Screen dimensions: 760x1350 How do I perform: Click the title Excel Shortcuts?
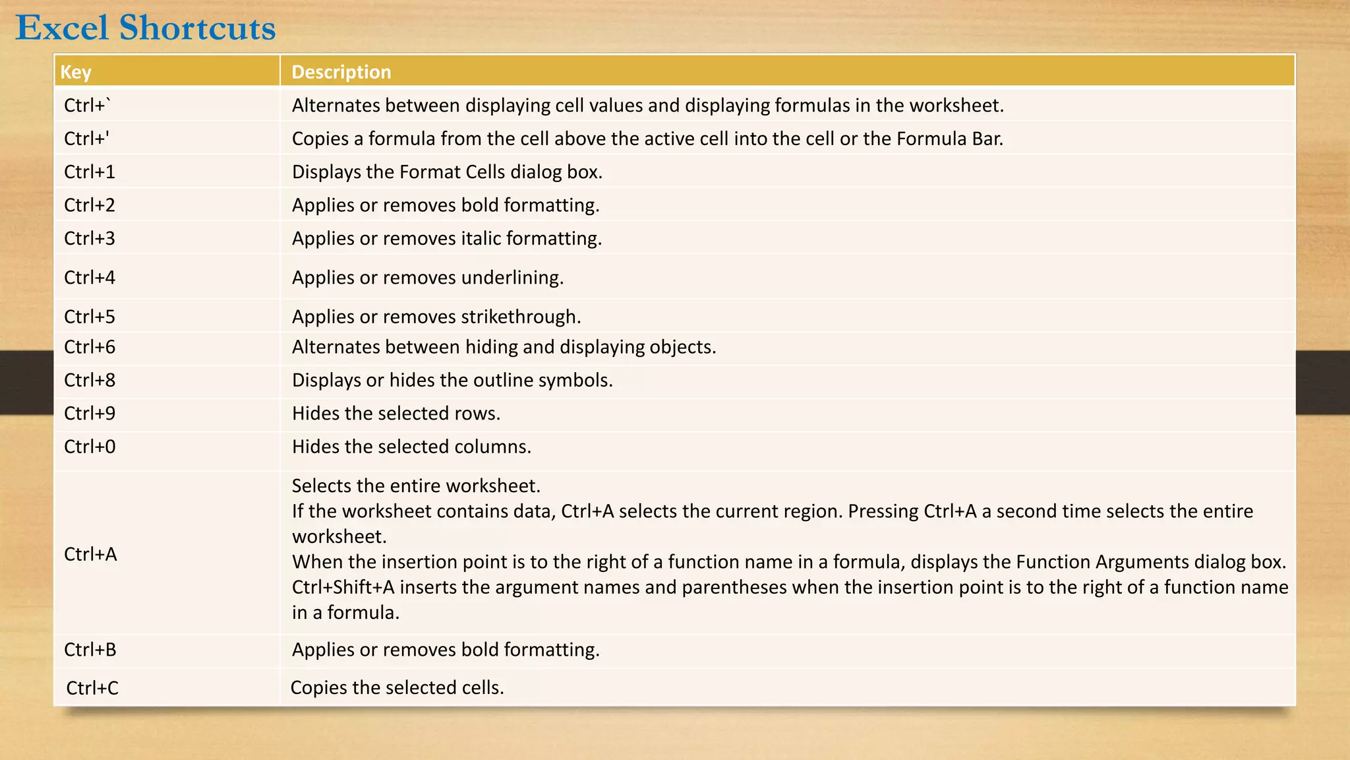(146, 28)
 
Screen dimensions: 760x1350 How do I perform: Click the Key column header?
(76, 72)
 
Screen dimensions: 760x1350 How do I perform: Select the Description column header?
(341, 72)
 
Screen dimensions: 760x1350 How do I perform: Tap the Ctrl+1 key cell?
(90, 172)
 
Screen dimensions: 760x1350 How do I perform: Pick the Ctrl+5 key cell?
(90, 317)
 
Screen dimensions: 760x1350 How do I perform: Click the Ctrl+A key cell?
(90, 554)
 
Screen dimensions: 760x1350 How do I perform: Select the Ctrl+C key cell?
(92, 688)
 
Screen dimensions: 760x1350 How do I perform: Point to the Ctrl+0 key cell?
(90, 447)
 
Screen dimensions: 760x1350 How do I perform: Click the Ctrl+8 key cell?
(90, 380)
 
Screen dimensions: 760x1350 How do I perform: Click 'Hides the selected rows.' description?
(396, 414)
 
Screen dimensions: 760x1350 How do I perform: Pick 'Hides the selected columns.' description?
(411, 447)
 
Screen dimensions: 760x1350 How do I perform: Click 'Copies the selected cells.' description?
(397, 687)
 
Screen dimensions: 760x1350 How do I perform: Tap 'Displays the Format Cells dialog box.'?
(447, 172)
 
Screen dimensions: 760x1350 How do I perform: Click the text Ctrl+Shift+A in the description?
(343, 587)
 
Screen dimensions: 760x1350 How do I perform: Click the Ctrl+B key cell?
(90, 650)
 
